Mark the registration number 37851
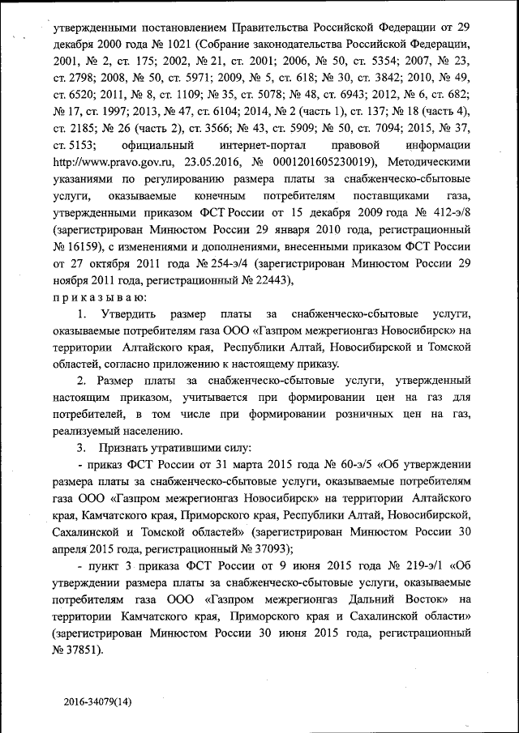click(86, 650)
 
